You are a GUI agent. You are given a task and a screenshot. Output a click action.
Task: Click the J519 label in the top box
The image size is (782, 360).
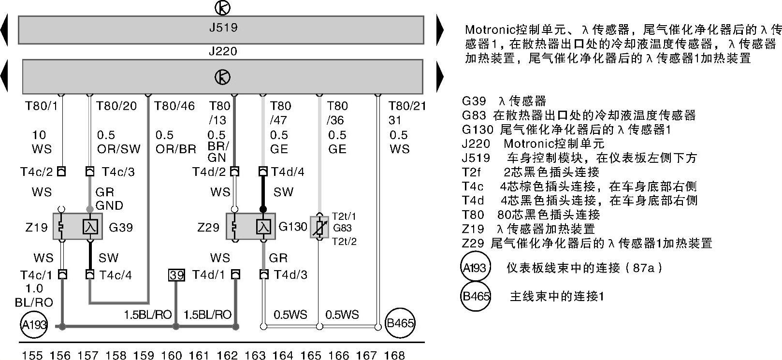pos(223,28)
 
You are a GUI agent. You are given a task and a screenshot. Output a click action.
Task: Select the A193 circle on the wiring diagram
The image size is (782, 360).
pos(34,324)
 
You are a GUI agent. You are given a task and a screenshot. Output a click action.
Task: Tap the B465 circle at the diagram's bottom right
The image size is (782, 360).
pos(400,323)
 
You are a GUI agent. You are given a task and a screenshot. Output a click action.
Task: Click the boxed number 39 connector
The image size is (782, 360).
pos(176,275)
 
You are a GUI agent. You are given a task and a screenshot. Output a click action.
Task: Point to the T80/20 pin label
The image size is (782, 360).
pos(116,106)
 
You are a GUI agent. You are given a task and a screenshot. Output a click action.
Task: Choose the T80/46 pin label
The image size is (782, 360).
pos(174,106)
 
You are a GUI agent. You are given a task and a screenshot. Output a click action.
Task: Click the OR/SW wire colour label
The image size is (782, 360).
pos(119,149)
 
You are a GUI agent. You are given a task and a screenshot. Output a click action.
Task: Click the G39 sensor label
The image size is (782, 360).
pos(121,227)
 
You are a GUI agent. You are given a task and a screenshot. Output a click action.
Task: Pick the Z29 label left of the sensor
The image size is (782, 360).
pos(208,227)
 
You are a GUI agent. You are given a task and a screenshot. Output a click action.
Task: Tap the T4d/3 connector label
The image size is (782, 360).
pos(290,275)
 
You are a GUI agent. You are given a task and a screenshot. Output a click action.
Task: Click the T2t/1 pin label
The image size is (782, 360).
pos(344,216)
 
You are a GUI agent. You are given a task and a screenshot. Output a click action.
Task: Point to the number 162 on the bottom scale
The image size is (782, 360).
pos(227,356)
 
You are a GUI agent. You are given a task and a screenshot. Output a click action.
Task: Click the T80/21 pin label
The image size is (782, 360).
pos(407,106)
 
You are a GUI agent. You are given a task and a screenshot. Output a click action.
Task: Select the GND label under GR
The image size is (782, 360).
pos(109,205)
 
